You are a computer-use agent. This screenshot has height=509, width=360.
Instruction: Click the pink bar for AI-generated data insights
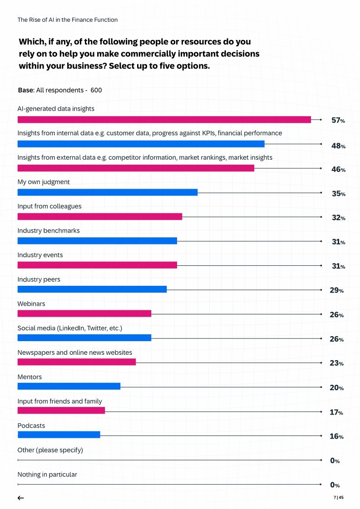click(164, 120)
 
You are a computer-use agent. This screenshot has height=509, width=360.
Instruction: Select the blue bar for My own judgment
click(108, 192)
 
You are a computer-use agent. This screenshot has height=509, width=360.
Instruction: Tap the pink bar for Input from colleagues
click(100, 216)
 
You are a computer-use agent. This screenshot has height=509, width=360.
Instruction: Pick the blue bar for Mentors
click(69, 386)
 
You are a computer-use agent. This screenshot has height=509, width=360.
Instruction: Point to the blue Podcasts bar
click(59, 435)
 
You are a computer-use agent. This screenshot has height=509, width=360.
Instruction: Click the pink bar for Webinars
click(84, 313)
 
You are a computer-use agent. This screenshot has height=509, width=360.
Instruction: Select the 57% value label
click(338, 121)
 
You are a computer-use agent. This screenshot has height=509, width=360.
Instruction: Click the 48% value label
click(338, 146)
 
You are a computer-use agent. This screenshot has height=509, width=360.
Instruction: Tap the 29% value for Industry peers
click(337, 290)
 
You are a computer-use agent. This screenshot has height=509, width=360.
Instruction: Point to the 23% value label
click(337, 363)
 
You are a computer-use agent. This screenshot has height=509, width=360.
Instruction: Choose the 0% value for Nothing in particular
click(335, 485)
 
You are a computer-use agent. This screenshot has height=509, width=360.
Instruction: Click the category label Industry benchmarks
click(49, 230)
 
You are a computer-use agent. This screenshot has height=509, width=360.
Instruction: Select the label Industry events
click(40, 255)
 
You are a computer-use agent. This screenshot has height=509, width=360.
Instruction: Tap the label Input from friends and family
click(59, 401)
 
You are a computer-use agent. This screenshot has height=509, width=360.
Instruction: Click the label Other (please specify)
click(50, 450)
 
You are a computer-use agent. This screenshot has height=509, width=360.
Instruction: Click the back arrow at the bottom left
click(20, 498)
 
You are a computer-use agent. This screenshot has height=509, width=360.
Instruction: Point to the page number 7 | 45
click(339, 497)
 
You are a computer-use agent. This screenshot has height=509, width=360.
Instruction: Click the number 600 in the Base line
click(96, 90)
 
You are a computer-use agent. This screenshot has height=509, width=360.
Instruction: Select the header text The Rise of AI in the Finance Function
click(68, 20)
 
